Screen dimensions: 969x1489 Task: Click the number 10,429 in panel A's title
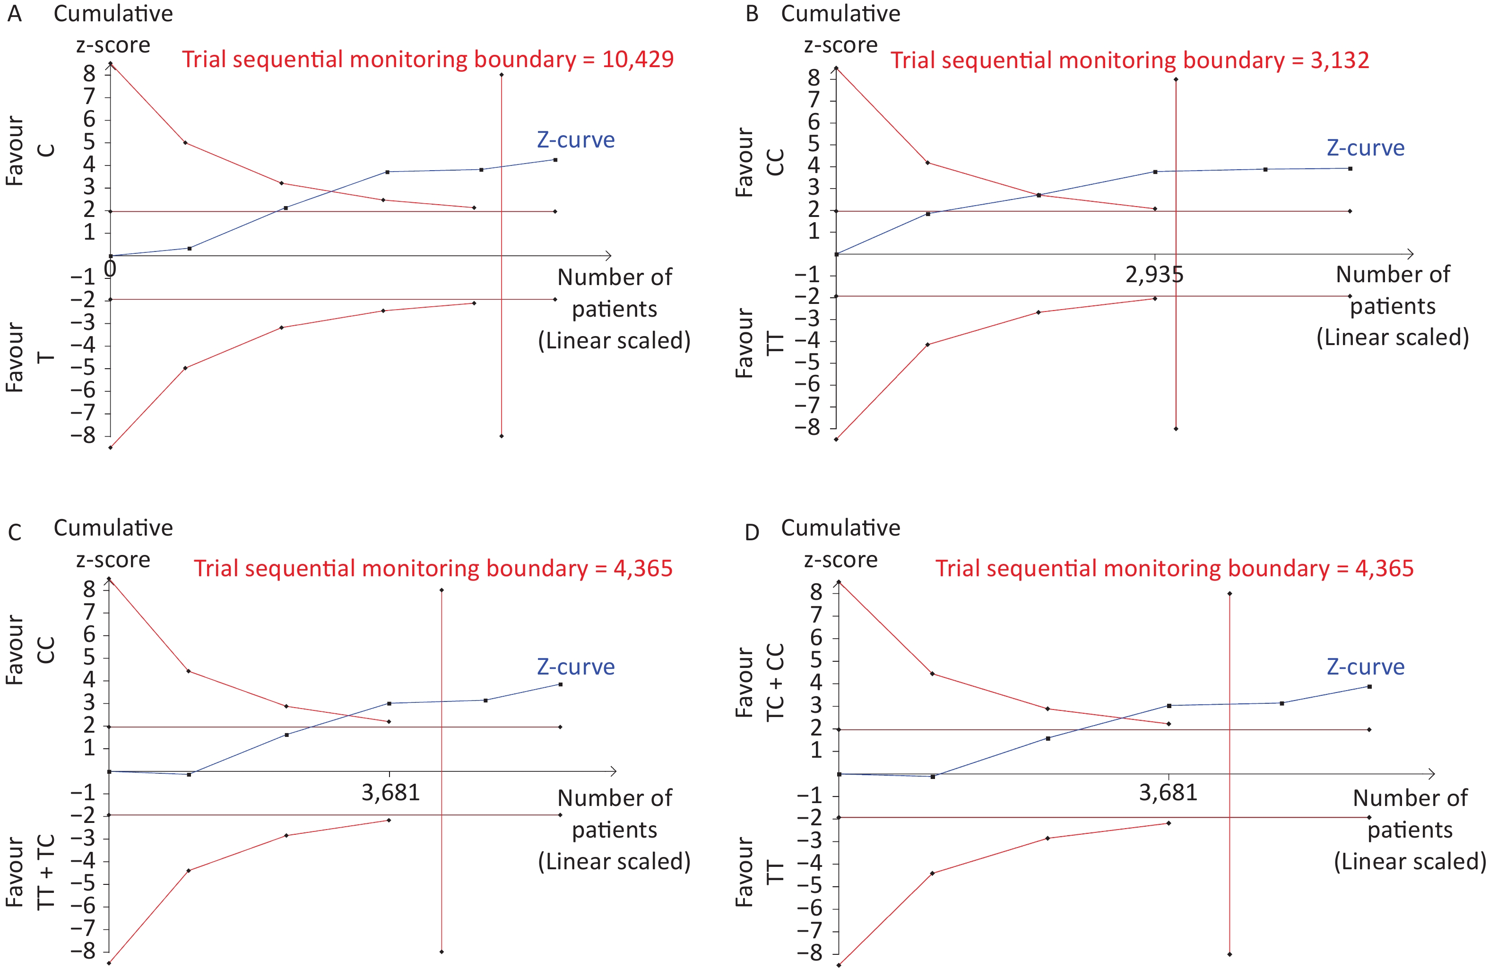638,60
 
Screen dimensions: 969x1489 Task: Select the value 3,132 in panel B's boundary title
1340,60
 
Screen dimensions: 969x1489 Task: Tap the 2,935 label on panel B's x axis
1154,275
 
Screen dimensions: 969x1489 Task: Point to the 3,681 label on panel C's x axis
390,793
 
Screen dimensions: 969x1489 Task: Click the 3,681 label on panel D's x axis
1168,793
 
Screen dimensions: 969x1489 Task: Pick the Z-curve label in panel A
576,139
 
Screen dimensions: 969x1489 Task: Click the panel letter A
14,14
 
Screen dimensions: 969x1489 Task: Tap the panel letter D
752,532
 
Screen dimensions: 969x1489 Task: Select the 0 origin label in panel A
110,269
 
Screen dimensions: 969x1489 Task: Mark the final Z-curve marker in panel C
560,684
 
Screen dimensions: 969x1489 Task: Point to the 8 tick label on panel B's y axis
814,78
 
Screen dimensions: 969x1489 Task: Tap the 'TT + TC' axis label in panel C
46,872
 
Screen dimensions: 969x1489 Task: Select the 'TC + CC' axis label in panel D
775,682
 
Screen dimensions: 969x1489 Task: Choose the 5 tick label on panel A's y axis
89,142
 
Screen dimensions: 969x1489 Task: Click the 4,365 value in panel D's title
1384,568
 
